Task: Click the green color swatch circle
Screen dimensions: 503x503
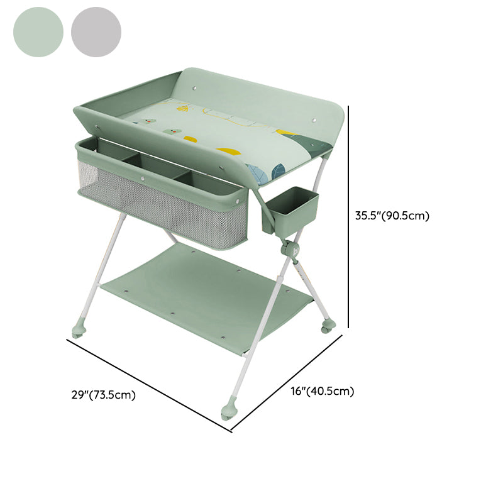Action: [x=38, y=32]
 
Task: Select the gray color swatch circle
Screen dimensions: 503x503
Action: [x=96, y=32]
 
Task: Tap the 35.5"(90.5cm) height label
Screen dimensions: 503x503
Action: [x=392, y=216]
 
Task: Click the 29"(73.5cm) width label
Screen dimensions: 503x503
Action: [x=103, y=395]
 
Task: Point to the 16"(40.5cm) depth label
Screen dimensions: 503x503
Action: [x=323, y=391]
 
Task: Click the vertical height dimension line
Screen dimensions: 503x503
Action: [x=348, y=217]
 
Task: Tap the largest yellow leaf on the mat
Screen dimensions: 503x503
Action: [x=228, y=152]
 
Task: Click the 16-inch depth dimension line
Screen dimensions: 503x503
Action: [x=287, y=382]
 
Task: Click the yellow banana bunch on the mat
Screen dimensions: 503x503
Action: [x=182, y=108]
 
